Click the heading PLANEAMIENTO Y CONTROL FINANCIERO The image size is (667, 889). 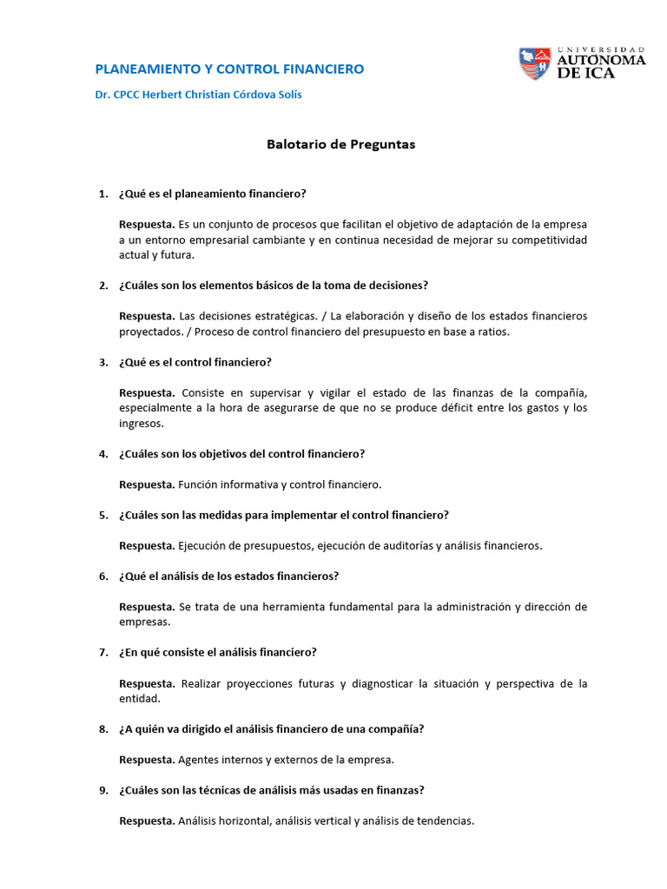[x=228, y=69]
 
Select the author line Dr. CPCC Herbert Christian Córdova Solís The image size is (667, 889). [x=198, y=95]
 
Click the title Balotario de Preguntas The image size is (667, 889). [x=340, y=145]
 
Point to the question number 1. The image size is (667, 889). [x=102, y=194]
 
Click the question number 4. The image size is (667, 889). [x=102, y=454]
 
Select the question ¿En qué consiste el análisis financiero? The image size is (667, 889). [x=218, y=652]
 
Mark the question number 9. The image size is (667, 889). [x=102, y=790]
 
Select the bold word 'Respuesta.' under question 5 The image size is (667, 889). [x=147, y=545]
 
